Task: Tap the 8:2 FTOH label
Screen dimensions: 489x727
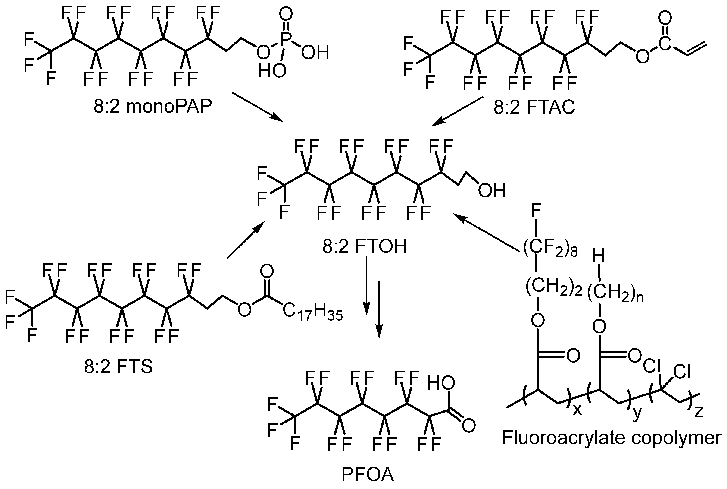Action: point(365,246)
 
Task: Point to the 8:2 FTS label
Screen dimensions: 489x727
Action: point(119,367)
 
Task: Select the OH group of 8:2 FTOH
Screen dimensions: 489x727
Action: point(492,191)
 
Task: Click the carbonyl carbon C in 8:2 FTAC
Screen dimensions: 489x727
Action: point(665,45)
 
